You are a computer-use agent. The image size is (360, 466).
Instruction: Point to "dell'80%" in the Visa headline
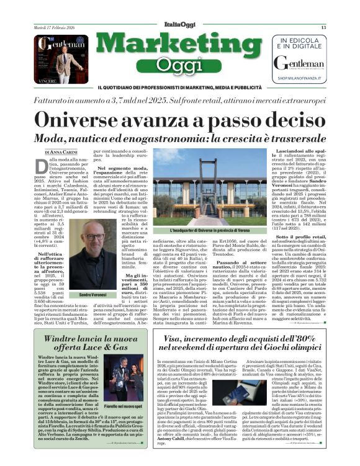coord(297,339)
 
